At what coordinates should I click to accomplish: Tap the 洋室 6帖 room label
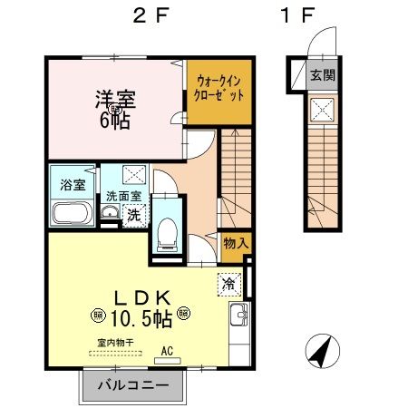point(117,108)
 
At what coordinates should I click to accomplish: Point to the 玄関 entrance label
point(321,75)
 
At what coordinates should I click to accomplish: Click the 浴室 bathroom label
point(73,185)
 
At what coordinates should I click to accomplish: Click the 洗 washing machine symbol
point(133,216)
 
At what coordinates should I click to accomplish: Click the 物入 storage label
point(233,243)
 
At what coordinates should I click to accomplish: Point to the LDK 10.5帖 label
point(138,308)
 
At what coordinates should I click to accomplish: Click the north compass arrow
point(321,352)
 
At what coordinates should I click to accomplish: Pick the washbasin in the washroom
point(111,214)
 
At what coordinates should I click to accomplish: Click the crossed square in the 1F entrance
point(321,111)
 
